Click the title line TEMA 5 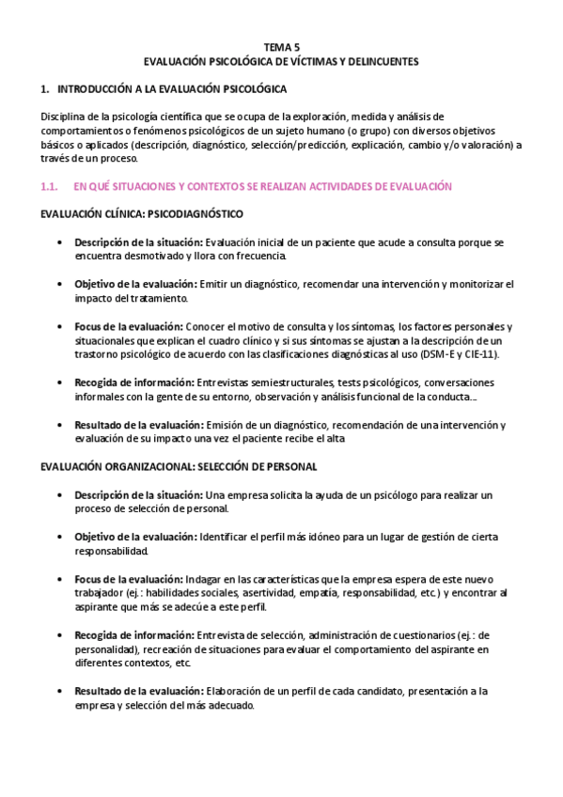(x=281, y=45)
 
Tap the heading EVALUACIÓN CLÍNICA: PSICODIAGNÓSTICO (x=141, y=213)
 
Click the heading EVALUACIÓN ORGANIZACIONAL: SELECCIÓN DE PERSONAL (x=178, y=465)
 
